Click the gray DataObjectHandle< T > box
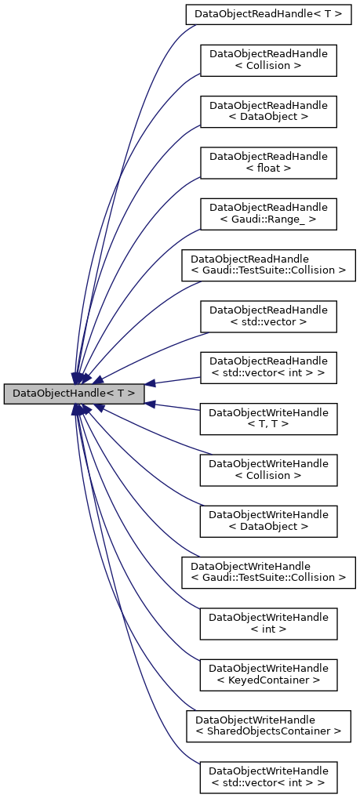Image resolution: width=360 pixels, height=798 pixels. pyautogui.click(x=74, y=394)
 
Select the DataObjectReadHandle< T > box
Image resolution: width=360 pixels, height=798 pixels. pyautogui.click(x=268, y=13)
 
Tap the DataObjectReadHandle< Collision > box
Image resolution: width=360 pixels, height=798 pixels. pyautogui.click(x=268, y=60)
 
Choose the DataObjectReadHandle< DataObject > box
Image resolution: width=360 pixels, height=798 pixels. pyautogui.click(x=268, y=111)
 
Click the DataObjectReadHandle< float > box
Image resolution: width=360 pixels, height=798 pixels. pyautogui.click(x=268, y=162)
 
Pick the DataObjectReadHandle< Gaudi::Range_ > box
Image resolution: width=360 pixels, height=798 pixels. pyautogui.click(x=268, y=214)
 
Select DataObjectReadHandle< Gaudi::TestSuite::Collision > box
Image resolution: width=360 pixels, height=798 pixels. pyautogui.click(x=268, y=265)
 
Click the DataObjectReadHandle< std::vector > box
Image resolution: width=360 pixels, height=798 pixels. pyautogui.click(x=268, y=316)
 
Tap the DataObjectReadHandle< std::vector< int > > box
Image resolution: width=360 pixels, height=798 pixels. pyautogui.click(x=268, y=368)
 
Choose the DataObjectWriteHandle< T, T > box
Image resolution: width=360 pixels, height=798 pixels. pyautogui.click(x=268, y=419)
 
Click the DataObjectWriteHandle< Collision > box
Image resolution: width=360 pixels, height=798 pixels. pyautogui.click(x=268, y=470)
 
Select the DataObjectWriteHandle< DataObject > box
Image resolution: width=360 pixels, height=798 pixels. pyautogui.click(x=268, y=521)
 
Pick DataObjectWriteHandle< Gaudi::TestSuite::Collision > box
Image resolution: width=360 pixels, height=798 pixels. pyautogui.click(x=268, y=572)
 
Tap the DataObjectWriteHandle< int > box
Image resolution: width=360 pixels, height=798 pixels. pyautogui.click(x=268, y=623)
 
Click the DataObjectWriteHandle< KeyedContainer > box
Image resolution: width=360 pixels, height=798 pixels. pyautogui.click(x=268, y=675)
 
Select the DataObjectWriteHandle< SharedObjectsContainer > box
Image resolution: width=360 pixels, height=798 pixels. pyautogui.click(x=268, y=726)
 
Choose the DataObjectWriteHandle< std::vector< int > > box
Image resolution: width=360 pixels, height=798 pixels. pyautogui.click(x=268, y=777)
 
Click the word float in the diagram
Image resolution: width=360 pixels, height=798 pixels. pyautogui.click(x=268, y=168)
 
